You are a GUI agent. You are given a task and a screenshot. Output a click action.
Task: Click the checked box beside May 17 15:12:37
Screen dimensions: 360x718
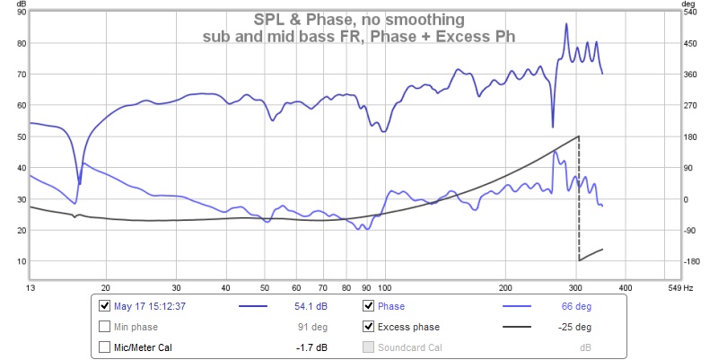(x=106, y=305)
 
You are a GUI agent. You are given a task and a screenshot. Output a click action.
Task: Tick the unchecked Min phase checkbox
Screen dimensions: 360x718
(x=106, y=326)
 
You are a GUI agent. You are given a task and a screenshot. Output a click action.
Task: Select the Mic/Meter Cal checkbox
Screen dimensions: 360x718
(x=106, y=347)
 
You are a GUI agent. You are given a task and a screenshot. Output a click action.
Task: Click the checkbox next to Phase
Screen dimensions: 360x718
(x=368, y=305)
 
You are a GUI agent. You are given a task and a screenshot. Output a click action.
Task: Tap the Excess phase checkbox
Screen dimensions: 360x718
(x=368, y=326)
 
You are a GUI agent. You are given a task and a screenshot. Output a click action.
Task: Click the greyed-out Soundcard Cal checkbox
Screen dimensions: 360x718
(x=368, y=347)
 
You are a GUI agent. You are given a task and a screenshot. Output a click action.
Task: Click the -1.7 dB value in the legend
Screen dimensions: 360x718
(x=311, y=347)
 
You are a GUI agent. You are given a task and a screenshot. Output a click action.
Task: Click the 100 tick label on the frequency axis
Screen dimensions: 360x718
(x=383, y=289)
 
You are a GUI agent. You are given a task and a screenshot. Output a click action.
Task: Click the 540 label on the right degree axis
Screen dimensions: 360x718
(x=689, y=12)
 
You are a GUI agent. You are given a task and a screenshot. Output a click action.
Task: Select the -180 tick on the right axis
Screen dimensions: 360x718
(x=689, y=261)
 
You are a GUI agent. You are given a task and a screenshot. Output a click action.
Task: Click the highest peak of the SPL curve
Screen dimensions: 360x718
(x=566, y=24)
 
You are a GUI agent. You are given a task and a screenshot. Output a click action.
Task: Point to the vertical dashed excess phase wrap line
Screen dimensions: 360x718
(x=579, y=198)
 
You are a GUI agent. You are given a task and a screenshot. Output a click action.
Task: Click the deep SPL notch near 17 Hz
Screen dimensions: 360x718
(x=80, y=182)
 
